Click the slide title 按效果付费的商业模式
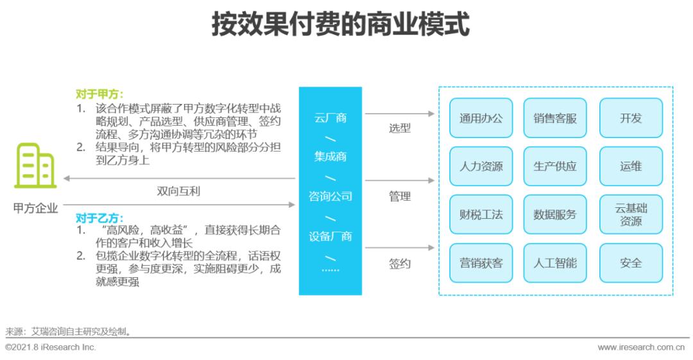[x=340, y=24]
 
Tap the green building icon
[x=36, y=166]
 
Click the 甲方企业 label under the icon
[x=36, y=208]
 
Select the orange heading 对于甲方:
[x=99, y=94]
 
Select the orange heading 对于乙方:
[x=99, y=218]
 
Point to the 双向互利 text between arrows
[x=183, y=191]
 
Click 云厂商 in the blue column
[x=330, y=118]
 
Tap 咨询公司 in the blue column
[x=330, y=196]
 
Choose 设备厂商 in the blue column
[x=330, y=236]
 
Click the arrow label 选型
[x=400, y=128]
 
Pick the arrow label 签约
[x=400, y=264]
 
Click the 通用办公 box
[x=481, y=118]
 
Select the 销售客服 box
[x=555, y=118]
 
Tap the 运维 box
[x=631, y=166]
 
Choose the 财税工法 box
[x=481, y=214]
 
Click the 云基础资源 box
[x=631, y=214]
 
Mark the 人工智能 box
[x=555, y=263]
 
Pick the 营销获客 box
[x=481, y=263]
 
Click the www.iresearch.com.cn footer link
[x=641, y=347]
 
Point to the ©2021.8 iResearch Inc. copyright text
[x=51, y=347]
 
